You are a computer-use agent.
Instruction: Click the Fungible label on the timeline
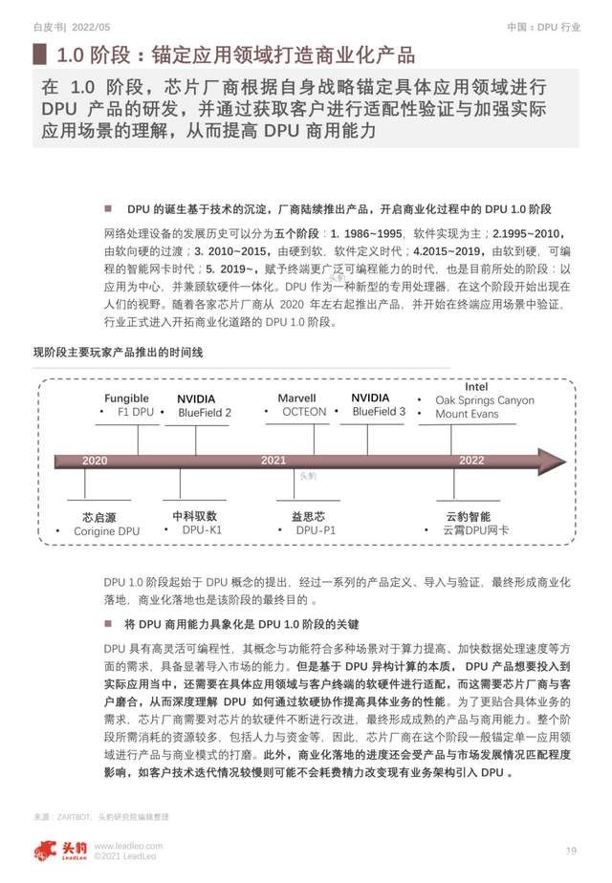pos(126,398)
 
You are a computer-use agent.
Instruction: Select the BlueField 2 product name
pos(205,413)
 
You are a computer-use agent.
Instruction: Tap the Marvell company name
pos(296,398)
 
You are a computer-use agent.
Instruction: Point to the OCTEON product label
pos(304,412)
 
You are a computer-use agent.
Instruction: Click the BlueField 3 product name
pos(379,412)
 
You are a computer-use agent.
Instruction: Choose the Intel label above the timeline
pos(476,387)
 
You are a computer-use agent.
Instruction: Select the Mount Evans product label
pos(467,415)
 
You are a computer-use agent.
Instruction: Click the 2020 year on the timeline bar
pos(95,461)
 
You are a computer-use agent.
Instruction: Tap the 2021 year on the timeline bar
pos(273,461)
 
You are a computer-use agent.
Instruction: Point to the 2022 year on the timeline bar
pos(471,461)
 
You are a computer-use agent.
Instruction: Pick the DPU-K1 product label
pos(202,530)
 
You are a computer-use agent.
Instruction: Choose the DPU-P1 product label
pos(316,530)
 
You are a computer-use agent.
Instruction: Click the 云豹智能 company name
pos(468,515)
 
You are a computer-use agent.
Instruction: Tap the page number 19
pos(571,851)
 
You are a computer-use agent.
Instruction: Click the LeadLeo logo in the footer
pos(58,850)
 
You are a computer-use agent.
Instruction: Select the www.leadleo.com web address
pos(128,846)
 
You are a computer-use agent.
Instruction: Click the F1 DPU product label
pos(132,412)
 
